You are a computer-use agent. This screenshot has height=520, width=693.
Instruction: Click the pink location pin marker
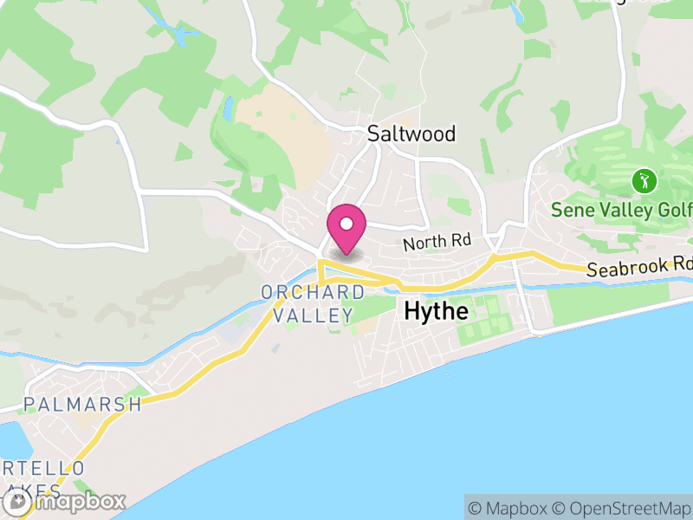[x=346, y=230]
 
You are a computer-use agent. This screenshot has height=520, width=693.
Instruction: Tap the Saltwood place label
[x=411, y=133]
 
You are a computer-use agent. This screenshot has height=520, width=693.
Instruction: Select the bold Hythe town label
[x=437, y=311]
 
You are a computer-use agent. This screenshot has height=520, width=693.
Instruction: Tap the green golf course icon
[x=644, y=182]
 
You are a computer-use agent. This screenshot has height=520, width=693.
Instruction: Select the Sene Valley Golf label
[x=623, y=210]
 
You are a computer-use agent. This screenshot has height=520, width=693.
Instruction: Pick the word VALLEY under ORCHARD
[x=314, y=315]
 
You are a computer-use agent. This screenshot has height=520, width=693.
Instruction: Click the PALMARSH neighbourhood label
[x=83, y=405]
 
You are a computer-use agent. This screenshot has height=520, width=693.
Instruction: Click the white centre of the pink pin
[x=346, y=224]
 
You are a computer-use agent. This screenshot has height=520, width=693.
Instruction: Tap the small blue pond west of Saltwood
[x=228, y=109]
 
